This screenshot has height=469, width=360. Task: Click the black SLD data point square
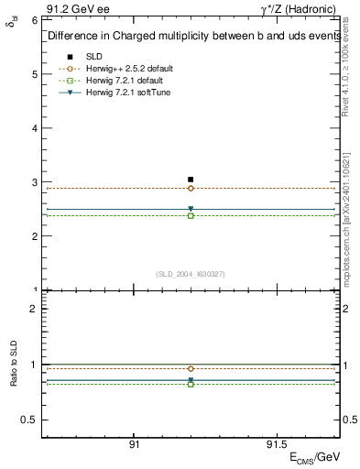tap(191, 180)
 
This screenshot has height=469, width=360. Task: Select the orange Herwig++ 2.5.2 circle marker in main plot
tap(191, 188)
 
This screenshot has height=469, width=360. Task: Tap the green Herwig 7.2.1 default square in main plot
tap(191, 216)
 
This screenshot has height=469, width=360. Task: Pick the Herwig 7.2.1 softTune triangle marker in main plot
tap(191, 209)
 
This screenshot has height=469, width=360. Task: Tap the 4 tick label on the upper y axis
tap(34, 127)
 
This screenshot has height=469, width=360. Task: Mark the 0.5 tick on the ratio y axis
tap(29, 420)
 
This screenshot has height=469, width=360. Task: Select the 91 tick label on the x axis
tap(134, 444)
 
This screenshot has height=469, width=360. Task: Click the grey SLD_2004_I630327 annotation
tap(191, 274)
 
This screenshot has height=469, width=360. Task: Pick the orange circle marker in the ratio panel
tap(191, 369)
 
